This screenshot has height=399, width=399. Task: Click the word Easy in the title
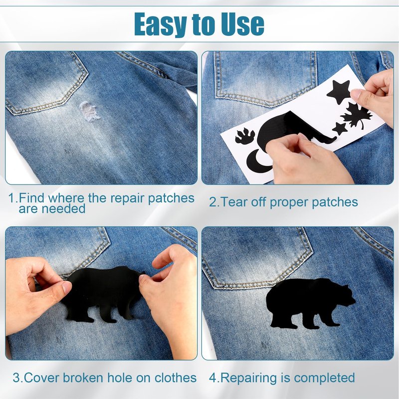[x=161, y=24]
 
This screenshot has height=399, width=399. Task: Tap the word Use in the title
[x=242, y=23]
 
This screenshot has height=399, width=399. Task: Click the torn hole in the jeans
[x=89, y=111]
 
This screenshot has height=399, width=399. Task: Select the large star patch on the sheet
[x=339, y=92]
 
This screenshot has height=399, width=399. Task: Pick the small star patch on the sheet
[x=340, y=129]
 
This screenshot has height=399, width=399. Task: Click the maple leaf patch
[x=356, y=115]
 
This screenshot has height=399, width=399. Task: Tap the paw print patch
[x=245, y=136]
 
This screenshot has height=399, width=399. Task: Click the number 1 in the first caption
[x=11, y=198]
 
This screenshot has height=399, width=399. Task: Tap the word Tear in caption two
[x=233, y=202]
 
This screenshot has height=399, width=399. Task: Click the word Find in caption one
[x=31, y=198]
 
